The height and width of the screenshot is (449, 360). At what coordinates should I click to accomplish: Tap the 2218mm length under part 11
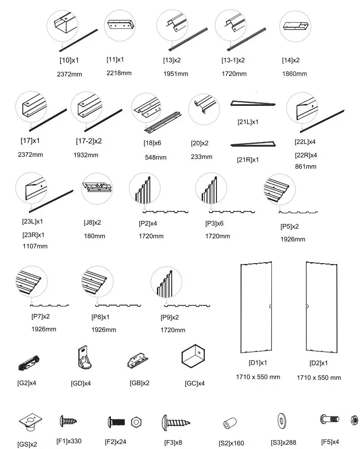pyautogui.click(x=119, y=73)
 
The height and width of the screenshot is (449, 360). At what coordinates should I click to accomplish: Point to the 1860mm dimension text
pyautogui.click(x=294, y=74)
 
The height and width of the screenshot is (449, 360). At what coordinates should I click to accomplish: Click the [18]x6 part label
pyautogui.click(x=151, y=143)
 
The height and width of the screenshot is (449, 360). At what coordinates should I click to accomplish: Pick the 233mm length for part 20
pyautogui.click(x=202, y=157)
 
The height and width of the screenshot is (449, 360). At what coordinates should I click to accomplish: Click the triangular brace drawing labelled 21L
pyautogui.click(x=252, y=104)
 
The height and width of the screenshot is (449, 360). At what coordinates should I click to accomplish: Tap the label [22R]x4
pyautogui.click(x=306, y=155)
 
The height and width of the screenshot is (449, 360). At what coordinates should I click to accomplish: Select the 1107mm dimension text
pyautogui.click(x=34, y=246)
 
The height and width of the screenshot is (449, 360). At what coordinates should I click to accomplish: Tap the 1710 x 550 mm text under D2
pyautogui.click(x=318, y=378)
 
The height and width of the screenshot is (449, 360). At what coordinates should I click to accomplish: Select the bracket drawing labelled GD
pyautogui.click(x=83, y=358)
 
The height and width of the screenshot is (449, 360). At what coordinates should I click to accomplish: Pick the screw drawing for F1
pyautogui.click(x=68, y=421)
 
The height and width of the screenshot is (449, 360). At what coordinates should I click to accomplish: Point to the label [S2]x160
pyautogui.click(x=231, y=443)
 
